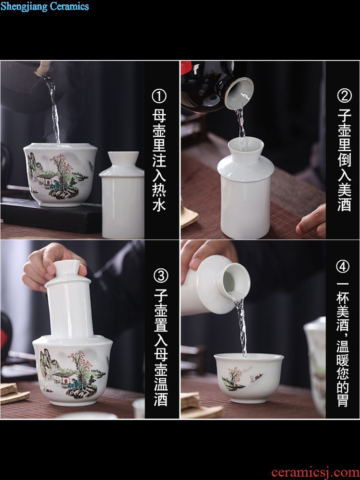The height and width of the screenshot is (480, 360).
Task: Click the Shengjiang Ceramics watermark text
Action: point(45,6)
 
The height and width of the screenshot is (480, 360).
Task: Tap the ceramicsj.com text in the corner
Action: point(315,472)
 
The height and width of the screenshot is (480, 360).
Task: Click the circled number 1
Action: point(159,96)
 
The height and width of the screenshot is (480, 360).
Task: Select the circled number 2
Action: point(344,96)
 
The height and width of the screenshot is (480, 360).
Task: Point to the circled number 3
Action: point(161,276)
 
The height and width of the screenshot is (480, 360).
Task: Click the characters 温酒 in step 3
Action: point(161,390)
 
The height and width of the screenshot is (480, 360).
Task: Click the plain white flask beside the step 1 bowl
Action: point(122,195)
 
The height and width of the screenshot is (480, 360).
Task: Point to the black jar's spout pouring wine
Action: point(239,93)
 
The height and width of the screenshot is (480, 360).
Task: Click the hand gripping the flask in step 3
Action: point(52,266)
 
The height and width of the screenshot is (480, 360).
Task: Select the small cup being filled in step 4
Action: point(249,378)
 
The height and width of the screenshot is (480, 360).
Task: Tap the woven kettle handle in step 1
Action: point(42,68)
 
